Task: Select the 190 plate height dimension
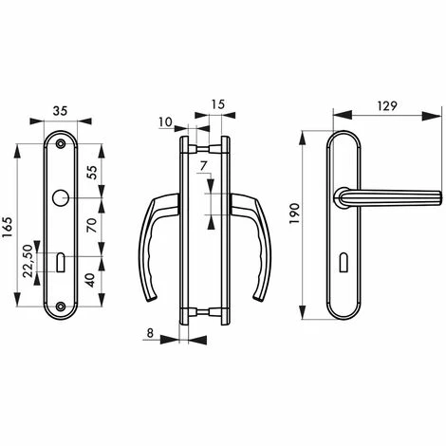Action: tap(295, 219)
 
